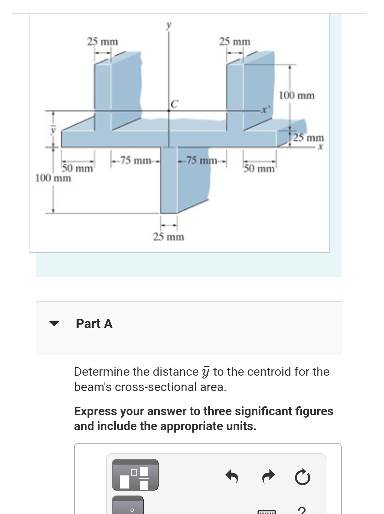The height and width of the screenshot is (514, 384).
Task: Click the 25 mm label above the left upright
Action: pos(103,42)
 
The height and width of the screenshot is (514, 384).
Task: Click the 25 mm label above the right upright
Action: pos(235,42)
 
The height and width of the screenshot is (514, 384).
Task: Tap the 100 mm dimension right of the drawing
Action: pos(297,95)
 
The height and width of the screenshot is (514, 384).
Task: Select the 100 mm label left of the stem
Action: pos(53,178)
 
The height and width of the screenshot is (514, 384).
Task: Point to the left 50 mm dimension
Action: pos(78,168)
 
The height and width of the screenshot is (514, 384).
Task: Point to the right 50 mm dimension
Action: pos(259,168)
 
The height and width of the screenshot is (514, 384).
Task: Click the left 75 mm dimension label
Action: pos(135,160)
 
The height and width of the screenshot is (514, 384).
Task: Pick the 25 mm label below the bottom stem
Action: pos(169,237)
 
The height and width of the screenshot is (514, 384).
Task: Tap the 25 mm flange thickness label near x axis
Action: pos(309,138)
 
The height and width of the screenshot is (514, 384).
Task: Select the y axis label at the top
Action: pos(169,25)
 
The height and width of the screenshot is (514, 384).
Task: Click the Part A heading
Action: pos(94,324)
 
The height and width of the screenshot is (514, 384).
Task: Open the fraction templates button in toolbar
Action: pos(135,475)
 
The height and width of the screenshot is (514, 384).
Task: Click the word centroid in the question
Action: pos(269,371)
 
